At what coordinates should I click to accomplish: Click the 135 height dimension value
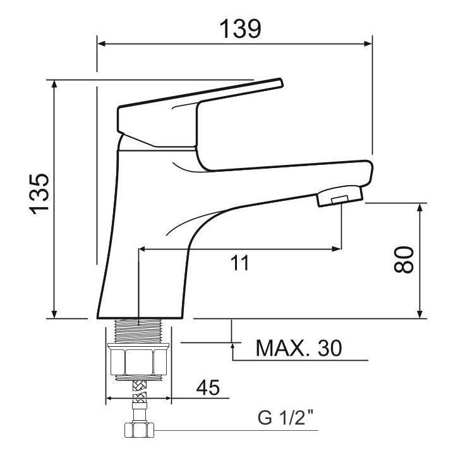(40, 193)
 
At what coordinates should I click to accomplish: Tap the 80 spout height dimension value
(403, 259)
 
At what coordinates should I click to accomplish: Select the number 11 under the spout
(239, 263)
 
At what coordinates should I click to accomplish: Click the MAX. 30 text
(298, 348)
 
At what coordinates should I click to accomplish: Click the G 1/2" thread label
(286, 418)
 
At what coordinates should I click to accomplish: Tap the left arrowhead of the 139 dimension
(100, 44)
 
